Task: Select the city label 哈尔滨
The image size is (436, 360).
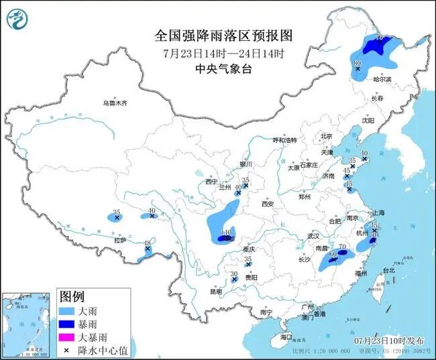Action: (x=382, y=79)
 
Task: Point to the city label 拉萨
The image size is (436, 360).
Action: (x=120, y=239)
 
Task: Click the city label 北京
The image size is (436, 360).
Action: (x=327, y=136)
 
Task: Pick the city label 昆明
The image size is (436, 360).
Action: (x=215, y=292)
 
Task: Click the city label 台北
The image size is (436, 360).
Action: (x=388, y=270)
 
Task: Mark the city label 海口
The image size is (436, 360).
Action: (x=287, y=336)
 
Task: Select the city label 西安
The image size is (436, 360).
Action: (x=268, y=203)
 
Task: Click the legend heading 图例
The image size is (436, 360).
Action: (x=72, y=296)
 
